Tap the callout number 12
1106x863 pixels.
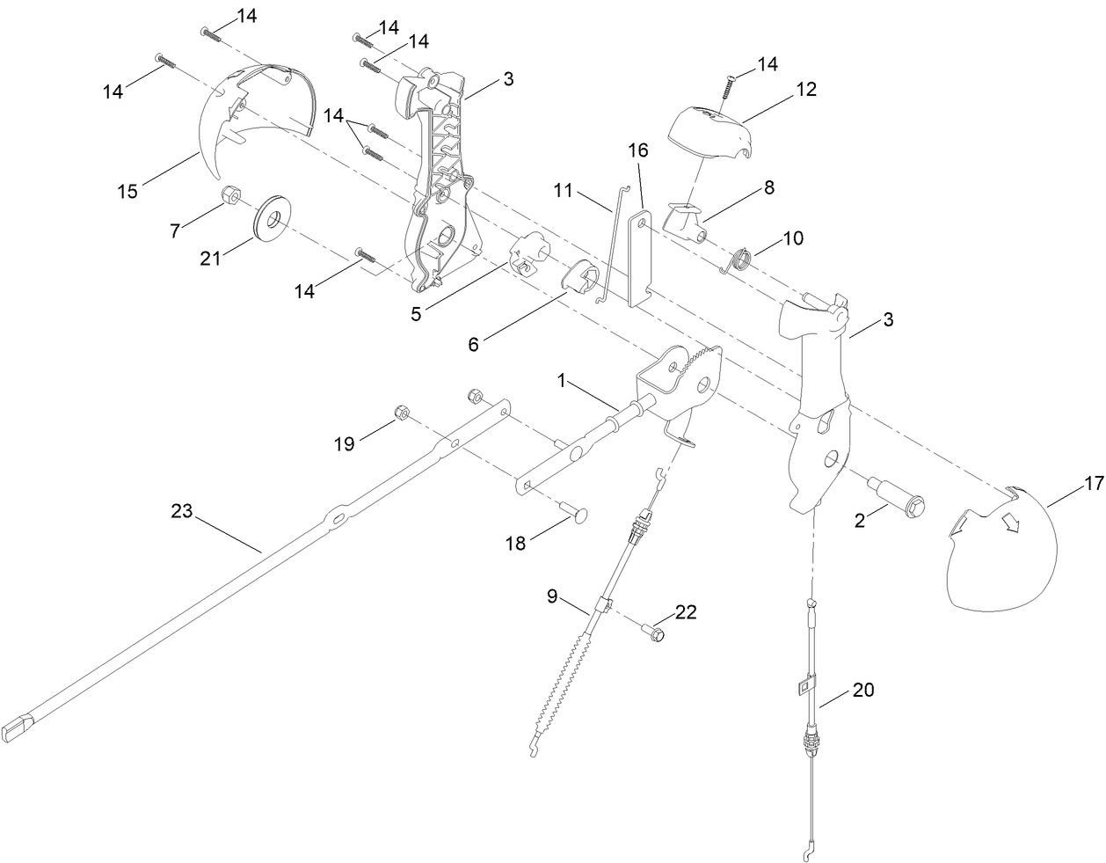[806, 89]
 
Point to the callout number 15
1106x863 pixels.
[127, 191]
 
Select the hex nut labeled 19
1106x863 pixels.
[398, 412]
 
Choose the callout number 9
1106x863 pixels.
[552, 596]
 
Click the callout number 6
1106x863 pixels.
[473, 344]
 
